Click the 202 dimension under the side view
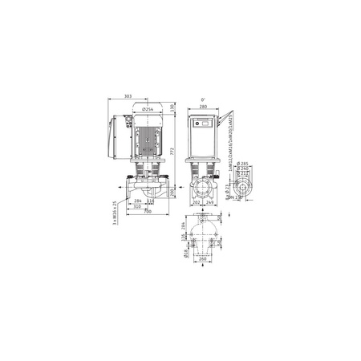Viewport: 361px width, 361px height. coord(197,202)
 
